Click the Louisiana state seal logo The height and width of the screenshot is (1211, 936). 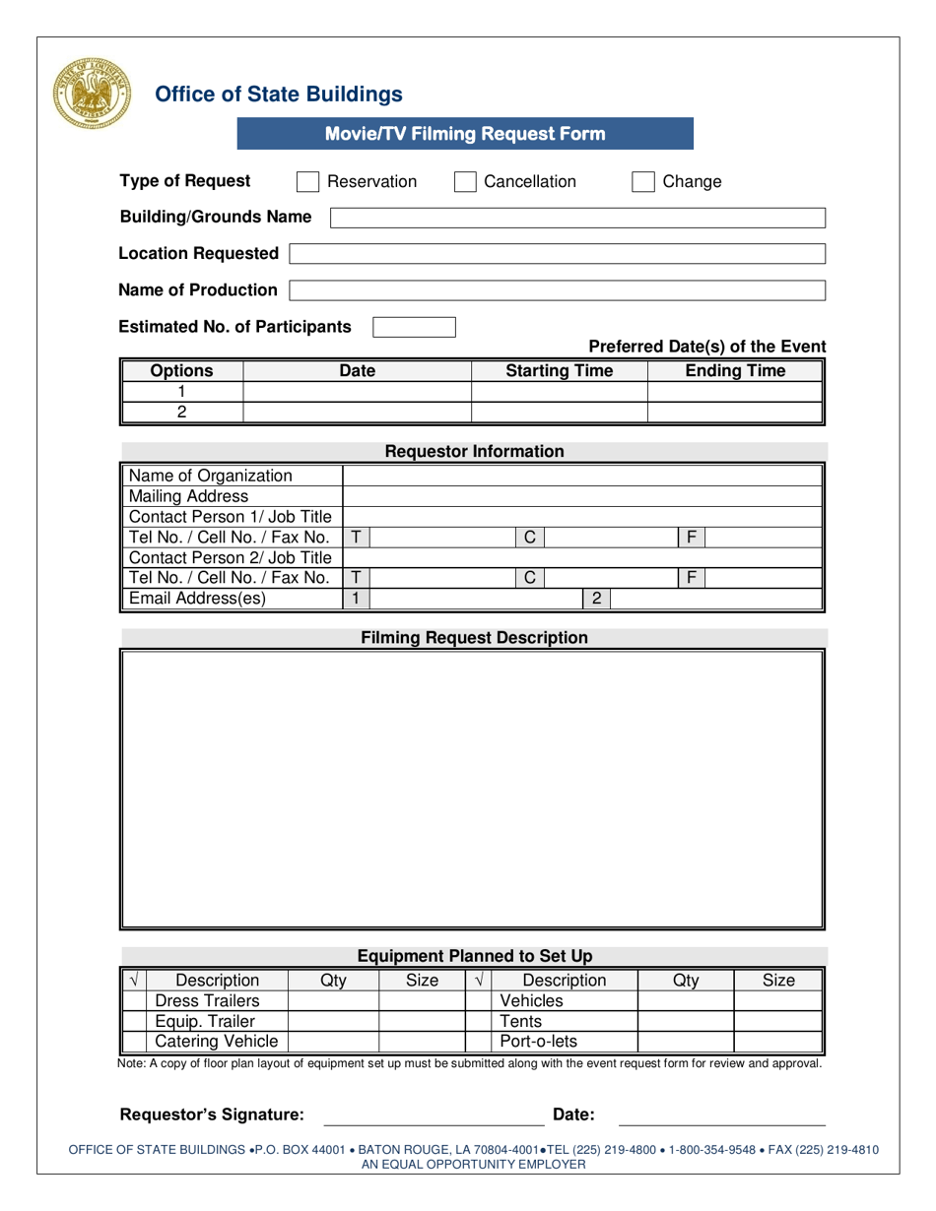point(91,94)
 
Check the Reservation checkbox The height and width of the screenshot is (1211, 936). point(307,182)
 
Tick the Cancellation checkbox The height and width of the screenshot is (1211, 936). point(465,182)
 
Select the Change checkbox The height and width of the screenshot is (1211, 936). point(642,182)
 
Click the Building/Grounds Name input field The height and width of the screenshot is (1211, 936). point(577,218)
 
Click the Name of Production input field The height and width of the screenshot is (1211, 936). point(557,290)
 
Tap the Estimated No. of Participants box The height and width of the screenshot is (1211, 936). point(414,327)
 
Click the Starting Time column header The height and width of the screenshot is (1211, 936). point(559,371)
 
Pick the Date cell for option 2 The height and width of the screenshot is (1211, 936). point(357,413)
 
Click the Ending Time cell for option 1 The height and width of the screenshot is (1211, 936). point(735,392)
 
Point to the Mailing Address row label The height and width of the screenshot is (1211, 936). point(189,496)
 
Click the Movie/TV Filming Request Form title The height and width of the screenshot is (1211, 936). point(465,134)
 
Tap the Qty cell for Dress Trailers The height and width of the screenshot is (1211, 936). point(332,1001)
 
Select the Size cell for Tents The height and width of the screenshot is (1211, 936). point(777,1022)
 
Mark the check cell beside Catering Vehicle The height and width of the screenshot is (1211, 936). point(135,1042)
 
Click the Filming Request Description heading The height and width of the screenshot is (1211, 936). point(474,638)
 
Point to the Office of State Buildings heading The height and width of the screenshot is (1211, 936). point(279,95)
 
